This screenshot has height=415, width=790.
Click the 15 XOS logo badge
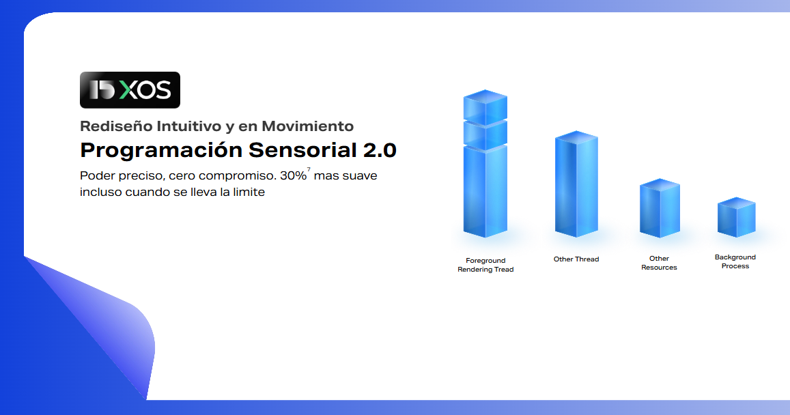(130, 90)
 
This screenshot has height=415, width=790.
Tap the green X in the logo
(128, 90)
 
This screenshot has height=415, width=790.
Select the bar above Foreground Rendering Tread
(485, 163)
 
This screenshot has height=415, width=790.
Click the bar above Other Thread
(576, 184)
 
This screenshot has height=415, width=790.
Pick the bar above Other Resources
(660, 208)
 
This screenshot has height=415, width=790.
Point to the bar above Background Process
(736, 217)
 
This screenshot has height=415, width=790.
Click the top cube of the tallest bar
(485, 107)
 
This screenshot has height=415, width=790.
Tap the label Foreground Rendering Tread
(485, 265)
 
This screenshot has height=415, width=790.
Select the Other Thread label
(576, 259)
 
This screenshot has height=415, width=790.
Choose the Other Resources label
(659, 263)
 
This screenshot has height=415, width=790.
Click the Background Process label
(735, 261)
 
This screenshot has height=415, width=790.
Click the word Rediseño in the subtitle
(116, 126)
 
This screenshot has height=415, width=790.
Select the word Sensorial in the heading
(302, 149)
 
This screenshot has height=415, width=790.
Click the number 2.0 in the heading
(380, 150)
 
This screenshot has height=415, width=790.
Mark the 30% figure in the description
(293, 175)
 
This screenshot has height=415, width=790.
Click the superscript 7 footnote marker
(309, 170)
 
